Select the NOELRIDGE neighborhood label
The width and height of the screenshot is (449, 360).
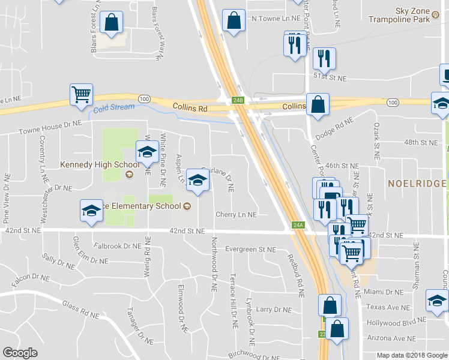tap(417, 183)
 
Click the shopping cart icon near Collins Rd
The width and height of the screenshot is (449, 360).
tap(81, 94)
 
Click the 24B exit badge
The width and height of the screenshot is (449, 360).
tap(238, 100)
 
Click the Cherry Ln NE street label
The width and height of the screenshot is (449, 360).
tap(236, 214)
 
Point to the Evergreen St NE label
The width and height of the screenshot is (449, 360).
tap(250, 249)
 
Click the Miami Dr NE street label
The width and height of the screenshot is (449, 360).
tap(387, 292)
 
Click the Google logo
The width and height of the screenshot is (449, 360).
tap(20, 353)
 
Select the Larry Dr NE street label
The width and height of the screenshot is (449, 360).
tap(274, 310)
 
